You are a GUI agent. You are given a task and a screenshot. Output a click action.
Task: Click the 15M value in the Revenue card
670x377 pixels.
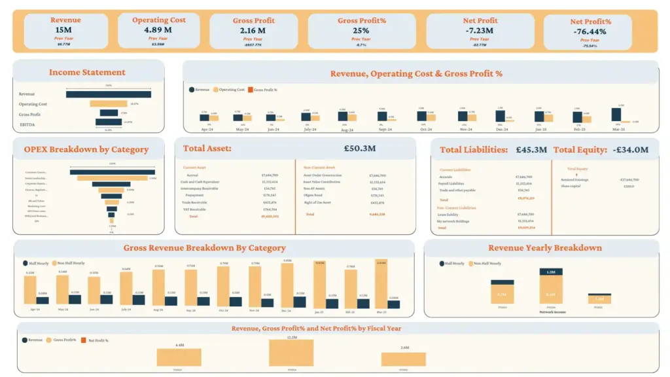click(63, 30)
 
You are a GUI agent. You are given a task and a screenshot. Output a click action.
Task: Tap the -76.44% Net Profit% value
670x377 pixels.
click(590, 31)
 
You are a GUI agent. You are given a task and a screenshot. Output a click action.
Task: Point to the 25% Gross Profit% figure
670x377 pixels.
click(361, 30)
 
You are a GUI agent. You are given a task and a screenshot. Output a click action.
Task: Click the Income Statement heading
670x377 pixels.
click(87, 73)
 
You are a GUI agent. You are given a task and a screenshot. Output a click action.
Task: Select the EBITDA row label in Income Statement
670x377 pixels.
click(27, 124)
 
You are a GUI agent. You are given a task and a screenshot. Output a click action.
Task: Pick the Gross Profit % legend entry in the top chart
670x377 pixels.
click(264, 90)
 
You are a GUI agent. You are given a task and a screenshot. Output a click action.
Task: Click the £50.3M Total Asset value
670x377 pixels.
click(359, 149)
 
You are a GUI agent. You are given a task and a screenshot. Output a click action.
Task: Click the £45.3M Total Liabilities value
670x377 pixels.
click(531, 150)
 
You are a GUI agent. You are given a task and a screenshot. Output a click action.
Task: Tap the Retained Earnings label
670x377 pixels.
click(573, 179)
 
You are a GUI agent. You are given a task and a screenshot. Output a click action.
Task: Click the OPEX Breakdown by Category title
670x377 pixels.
click(86, 149)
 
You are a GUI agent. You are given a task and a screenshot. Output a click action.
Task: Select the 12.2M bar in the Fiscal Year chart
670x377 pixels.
click(291, 353)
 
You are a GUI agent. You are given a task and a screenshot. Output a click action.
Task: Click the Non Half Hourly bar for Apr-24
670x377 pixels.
click(30, 290)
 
